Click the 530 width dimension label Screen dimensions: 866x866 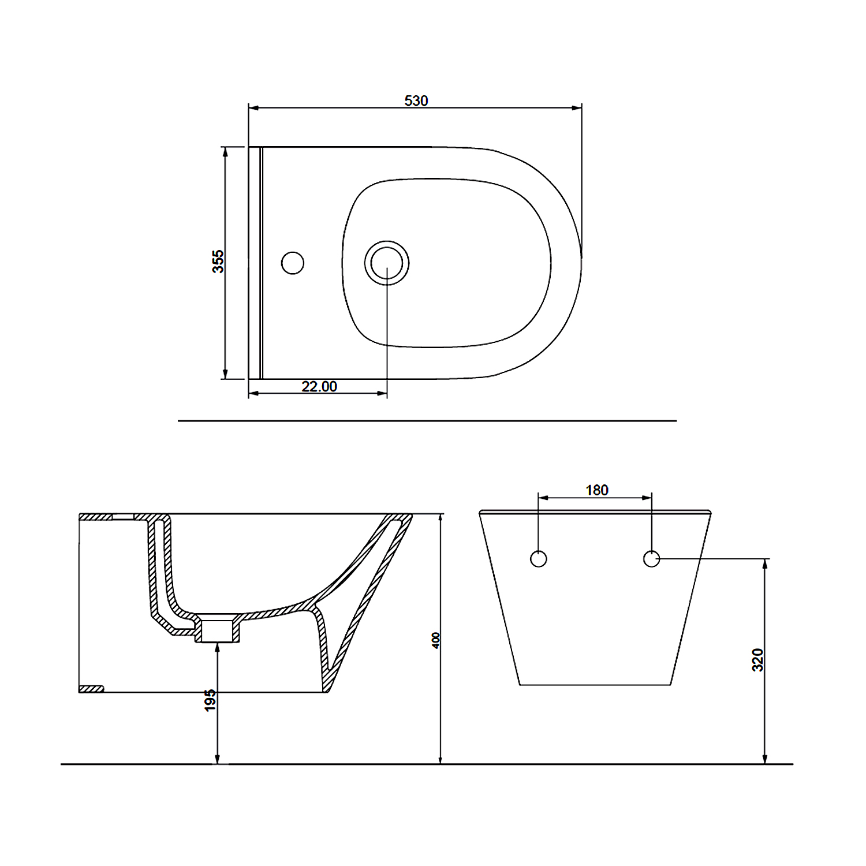click(x=416, y=100)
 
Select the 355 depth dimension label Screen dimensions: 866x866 click(x=218, y=262)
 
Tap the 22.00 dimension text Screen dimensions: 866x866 click(x=319, y=386)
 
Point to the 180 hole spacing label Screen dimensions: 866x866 click(x=597, y=490)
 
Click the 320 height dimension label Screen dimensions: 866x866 click(x=758, y=660)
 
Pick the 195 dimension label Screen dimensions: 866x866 click(x=210, y=700)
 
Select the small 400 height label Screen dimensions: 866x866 click(x=436, y=640)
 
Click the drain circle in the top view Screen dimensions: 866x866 click(x=387, y=263)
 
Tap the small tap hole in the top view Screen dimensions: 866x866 click(x=293, y=263)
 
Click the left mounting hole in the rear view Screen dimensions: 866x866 click(x=539, y=559)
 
